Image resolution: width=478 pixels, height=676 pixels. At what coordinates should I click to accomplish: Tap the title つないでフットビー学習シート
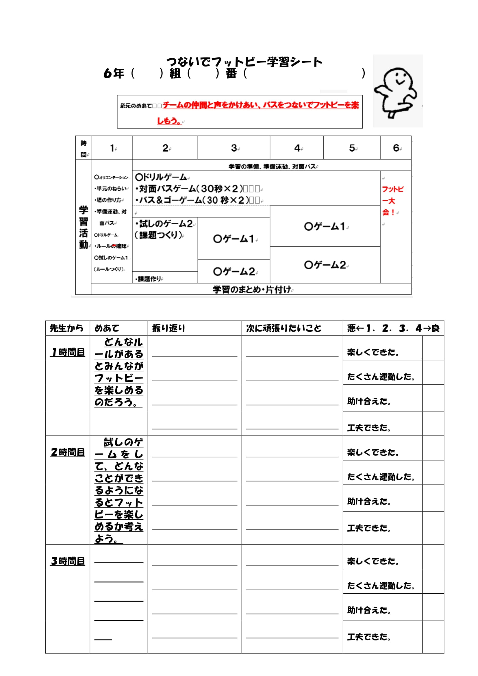[x=244, y=62]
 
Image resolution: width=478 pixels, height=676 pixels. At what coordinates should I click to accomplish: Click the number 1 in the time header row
[x=112, y=148]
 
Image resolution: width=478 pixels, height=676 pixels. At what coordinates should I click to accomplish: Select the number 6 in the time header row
[x=396, y=148]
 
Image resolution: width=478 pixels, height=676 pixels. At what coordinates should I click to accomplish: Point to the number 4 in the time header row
[x=297, y=148]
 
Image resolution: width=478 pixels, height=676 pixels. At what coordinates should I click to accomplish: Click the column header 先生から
[x=67, y=328]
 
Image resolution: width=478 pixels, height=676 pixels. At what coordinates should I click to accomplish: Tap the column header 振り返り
[x=169, y=328]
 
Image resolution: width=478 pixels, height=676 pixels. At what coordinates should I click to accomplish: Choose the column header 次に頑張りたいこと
[x=284, y=328]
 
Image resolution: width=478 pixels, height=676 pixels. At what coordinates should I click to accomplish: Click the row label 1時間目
[x=68, y=352]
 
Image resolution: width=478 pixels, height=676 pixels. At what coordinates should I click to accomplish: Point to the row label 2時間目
[x=68, y=452]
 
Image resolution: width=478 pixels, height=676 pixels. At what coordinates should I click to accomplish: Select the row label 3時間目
[x=68, y=561]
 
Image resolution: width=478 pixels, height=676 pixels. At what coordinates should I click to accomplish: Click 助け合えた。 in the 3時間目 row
[x=369, y=610]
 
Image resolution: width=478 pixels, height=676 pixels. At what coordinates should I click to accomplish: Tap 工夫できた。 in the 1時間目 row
[x=369, y=427]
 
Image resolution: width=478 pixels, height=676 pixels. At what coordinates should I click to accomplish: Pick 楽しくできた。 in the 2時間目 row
[x=373, y=452]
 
